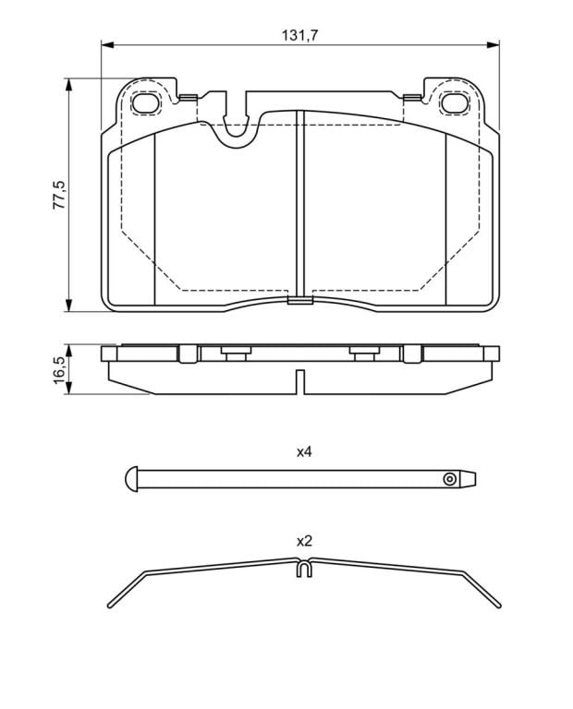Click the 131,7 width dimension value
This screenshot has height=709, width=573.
click(x=300, y=35)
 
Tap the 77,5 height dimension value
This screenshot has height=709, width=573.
click(x=60, y=195)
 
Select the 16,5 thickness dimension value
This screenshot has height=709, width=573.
click(x=60, y=370)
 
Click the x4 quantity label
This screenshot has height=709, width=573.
click(x=304, y=451)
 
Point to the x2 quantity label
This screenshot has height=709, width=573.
click(x=304, y=541)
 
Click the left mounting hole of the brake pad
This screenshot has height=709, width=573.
click(x=146, y=103)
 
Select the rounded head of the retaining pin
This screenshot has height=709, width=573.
click(x=131, y=478)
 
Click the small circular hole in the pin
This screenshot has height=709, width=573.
click(x=449, y=479)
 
